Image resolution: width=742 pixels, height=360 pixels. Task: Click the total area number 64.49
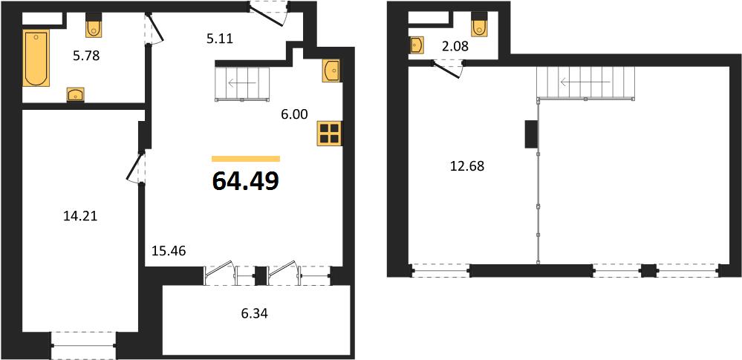[246, 180]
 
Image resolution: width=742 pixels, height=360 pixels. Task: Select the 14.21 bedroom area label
[79, 217]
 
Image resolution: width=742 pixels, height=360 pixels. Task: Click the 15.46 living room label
[169, 250]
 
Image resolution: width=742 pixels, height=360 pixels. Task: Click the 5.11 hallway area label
[220, 39]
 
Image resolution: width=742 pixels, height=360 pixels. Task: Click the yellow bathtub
[36, 58]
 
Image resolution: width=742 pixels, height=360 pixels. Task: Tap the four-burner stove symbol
[329, 134]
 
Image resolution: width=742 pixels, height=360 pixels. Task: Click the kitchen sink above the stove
[331, 71]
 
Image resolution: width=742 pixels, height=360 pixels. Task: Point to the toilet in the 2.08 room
[479, 27]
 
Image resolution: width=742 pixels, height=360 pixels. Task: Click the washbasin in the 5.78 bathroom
[76, 94]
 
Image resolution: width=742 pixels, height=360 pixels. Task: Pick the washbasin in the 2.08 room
[417, 46]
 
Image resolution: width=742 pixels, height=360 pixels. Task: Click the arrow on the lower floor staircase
[242, 83]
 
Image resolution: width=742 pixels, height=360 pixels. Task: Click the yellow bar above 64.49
[246, 159]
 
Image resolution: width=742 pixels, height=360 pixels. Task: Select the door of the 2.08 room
[448, 68]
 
